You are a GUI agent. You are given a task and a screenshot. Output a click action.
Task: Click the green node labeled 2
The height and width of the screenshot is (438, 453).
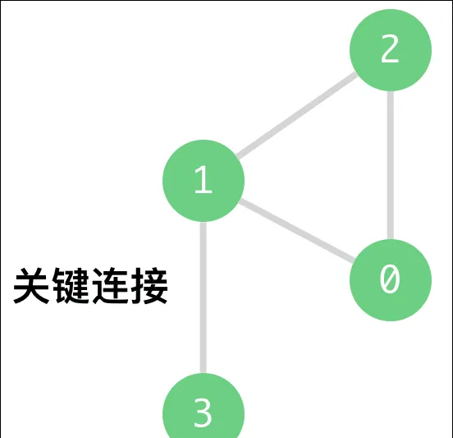coord(391,50)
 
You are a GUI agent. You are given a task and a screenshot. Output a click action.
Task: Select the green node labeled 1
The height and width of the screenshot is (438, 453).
coord(204,181)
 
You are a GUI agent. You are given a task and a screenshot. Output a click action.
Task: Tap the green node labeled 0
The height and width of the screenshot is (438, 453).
coord(391,280)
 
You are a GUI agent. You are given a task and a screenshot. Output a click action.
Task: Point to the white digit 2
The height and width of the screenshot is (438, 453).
coord(390,48)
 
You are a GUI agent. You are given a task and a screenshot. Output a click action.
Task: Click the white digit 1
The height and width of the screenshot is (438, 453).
coord(204,179)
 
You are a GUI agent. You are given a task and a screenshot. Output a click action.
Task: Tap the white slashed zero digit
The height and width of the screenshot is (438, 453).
coord(390,279)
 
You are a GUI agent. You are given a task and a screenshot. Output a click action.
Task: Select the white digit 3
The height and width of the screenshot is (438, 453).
coord(203,413)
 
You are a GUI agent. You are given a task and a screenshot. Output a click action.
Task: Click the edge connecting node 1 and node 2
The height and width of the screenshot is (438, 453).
coord(297,115)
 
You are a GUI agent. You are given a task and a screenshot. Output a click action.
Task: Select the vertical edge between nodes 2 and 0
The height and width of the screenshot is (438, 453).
coord(391,165)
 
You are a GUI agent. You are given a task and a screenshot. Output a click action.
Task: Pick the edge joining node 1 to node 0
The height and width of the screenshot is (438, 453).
coord(297,231)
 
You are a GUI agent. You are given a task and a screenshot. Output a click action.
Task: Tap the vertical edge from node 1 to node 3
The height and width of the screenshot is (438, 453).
coord(204,297)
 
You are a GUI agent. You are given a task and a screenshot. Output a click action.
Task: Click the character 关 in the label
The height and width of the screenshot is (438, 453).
coord(31,286)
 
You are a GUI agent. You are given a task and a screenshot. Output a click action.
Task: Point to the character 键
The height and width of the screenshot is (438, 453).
coord(71,286)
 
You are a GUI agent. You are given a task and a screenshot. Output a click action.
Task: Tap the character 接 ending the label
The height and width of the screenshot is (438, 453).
coord(149,286)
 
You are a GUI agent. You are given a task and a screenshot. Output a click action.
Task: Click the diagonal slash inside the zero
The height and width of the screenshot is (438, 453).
coord(390,279)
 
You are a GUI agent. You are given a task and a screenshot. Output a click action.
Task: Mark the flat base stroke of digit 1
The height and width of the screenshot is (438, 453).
coord(204,191)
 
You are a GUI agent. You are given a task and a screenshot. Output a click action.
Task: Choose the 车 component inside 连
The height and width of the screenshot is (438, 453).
coord(116,283)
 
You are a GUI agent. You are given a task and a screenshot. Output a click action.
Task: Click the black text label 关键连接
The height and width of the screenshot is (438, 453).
coord(90,286)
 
